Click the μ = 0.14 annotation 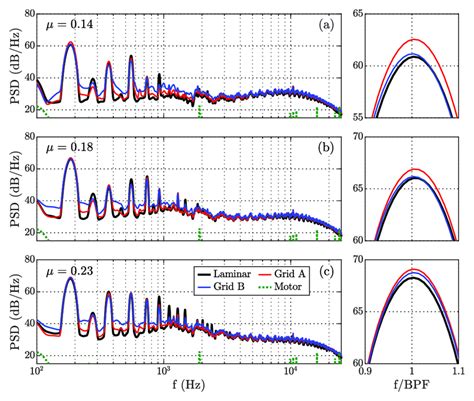[71, 22]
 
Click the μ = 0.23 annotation [71, 269]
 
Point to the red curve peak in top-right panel [414, 39]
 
